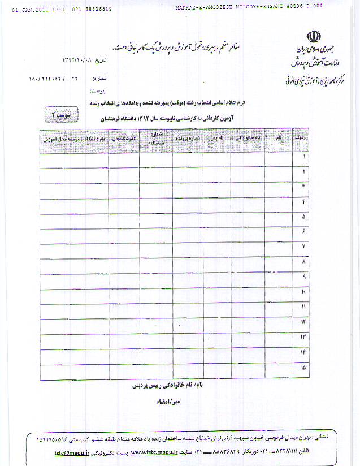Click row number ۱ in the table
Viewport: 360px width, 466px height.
point(304,155)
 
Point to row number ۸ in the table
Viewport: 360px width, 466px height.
point(304,262)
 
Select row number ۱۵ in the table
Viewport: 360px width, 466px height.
point(303,368)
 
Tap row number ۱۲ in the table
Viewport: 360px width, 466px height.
point(303,322)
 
